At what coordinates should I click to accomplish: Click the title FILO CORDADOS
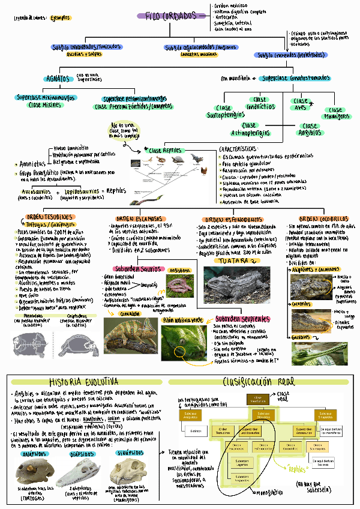click(171, 16)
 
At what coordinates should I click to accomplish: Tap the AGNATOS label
click(59, 79)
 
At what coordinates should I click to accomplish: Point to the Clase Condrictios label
click(260, 103)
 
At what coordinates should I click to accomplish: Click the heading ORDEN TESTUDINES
click(49, 217)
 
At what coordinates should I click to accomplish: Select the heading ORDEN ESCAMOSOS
click(139, 218)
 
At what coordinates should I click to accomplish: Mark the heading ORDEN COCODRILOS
click(323, 218)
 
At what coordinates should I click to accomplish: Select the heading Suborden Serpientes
click(242, 318)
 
